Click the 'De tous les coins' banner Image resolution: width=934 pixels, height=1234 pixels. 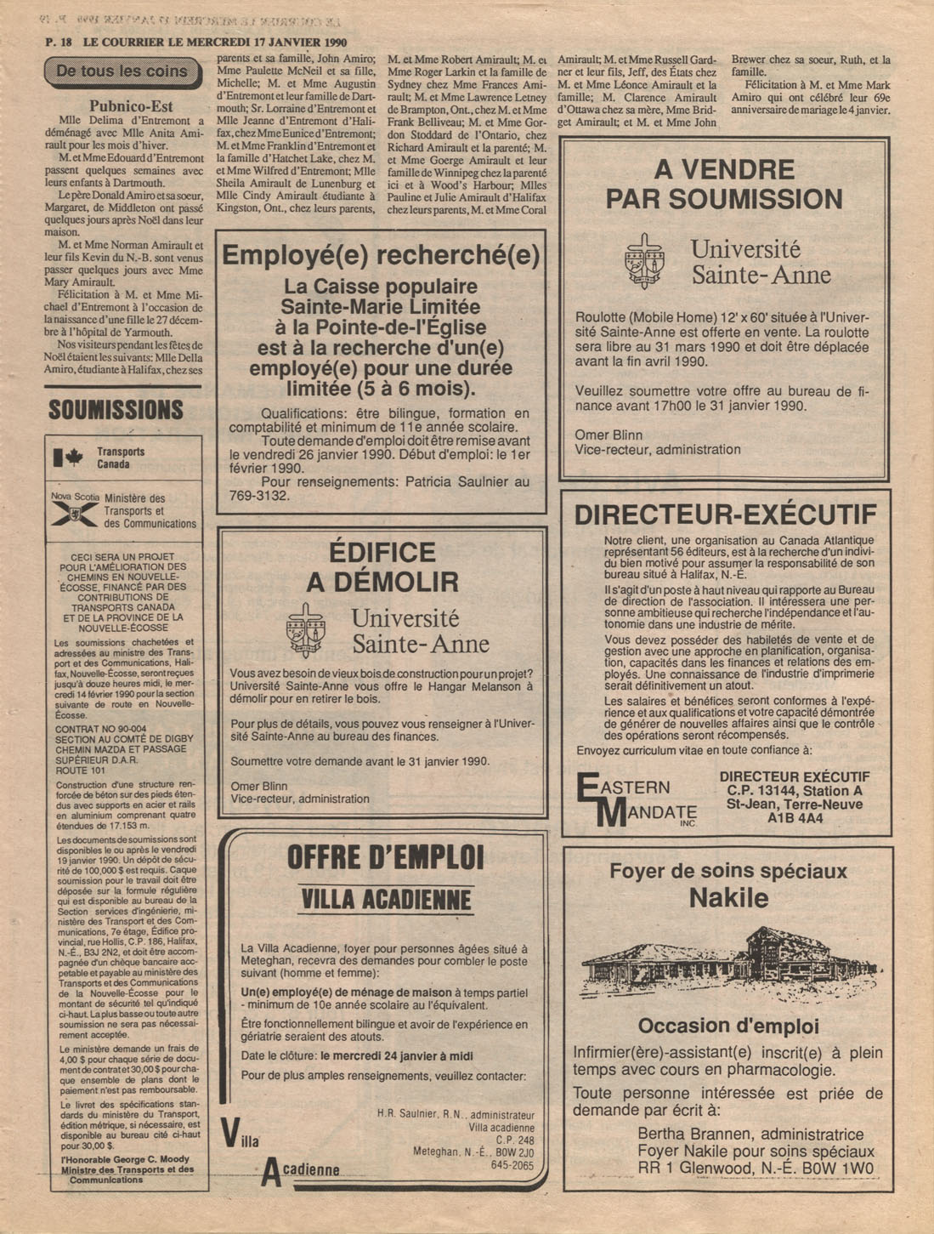[123, 72]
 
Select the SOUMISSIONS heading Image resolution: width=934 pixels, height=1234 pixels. [116, 410]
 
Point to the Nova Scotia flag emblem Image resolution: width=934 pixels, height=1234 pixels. [74, 513]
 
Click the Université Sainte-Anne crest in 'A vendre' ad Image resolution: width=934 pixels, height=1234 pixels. [643, 262]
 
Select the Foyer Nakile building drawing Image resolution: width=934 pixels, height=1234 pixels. [727, 964]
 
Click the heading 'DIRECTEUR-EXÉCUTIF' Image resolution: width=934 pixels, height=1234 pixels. [725, 515]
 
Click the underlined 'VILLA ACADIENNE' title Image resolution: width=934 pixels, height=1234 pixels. [386, 899]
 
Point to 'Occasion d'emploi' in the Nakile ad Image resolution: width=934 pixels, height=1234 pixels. [727, 1026]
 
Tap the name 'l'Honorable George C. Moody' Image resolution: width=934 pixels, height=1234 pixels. [125, 1159]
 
